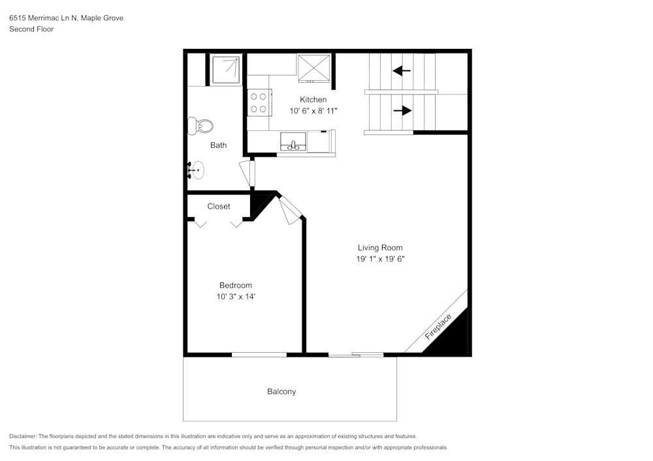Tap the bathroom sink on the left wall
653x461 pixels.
pos(196,170)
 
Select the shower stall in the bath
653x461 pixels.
pos(227,69)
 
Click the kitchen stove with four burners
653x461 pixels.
pos(259,102)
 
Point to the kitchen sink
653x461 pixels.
pos(294,141)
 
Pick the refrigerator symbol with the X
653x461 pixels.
pos(315,68)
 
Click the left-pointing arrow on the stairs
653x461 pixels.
pos(402,70)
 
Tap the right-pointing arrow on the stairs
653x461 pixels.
pos(402,111)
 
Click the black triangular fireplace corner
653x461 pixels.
pos(454,338)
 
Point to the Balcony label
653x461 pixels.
pos(281,392)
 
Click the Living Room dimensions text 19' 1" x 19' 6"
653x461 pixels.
pos(380,260)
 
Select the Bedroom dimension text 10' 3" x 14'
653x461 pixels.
pos(235,297)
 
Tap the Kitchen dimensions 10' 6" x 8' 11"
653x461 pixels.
pos(313,112)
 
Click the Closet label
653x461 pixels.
pos(219,207)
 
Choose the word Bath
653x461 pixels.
pos(218,145)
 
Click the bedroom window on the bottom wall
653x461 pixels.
pos(259,355)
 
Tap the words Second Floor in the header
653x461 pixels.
pos(31,29)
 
